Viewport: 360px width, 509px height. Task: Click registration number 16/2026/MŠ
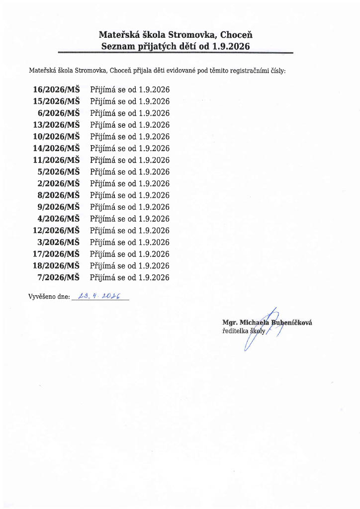point(56,89)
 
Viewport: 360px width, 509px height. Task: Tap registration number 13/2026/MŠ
point(56,125)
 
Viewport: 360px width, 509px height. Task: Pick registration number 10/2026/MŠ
point(56,136)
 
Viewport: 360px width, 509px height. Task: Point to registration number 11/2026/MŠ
point(56,160)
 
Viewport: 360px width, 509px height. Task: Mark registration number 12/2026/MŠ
point(56,231)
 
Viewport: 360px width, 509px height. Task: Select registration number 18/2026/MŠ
point(56,265)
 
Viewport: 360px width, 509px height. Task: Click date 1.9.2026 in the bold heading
point(230,47)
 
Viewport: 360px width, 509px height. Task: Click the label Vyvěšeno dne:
point(49,297)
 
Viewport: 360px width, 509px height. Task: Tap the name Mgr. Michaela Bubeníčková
point(267,322)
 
